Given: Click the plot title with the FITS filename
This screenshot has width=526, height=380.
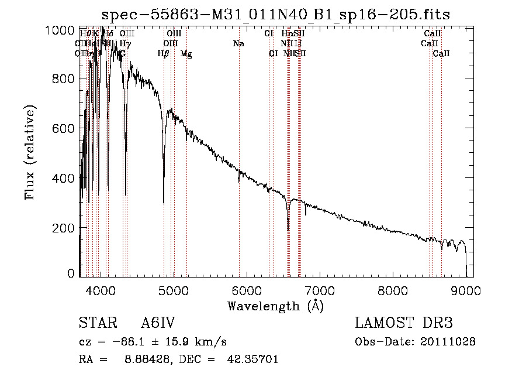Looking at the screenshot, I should (275, 14).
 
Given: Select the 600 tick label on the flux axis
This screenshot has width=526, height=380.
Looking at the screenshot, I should (63, 128).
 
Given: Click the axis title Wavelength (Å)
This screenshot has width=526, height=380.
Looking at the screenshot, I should (275, 306).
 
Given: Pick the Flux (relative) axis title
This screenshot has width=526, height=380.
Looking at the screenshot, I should (31, 152).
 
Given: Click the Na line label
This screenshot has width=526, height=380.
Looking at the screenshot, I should (238, 43).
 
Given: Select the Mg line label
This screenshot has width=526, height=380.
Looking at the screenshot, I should (186, 54).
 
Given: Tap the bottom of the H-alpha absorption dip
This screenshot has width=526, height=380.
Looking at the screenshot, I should (288, 230).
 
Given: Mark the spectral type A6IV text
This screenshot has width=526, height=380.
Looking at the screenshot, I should (158, 323).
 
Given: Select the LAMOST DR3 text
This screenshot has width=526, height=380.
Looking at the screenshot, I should (404, 323).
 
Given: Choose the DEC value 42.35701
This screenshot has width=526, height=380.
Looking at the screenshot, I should (252, 360).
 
